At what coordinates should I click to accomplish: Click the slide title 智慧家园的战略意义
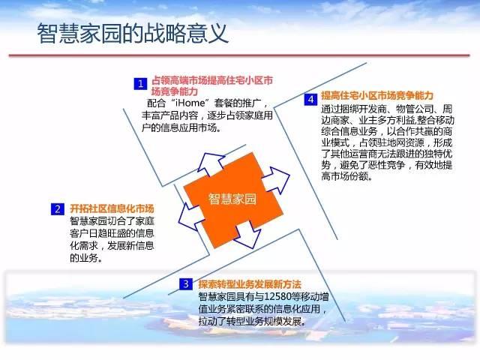[x=133, y=33]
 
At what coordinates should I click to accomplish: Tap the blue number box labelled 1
[x=140, y=83]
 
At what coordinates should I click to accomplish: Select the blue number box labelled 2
[x=58, y=209]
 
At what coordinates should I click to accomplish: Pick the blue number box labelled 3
[x=186, y=283]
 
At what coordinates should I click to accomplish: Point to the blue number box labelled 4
[x=310, y=100]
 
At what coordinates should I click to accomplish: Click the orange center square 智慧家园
[x=233, y=199]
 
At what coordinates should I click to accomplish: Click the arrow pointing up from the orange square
[x=211, y=163]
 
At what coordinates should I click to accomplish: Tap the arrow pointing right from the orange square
[x=276, y=180]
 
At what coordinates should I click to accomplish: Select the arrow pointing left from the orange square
[x=191, y=216]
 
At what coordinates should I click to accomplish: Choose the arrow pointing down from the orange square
[x=248, y=235]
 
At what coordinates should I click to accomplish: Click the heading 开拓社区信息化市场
[x=112, y=208]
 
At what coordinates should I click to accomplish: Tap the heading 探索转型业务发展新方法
[x=250, y=284]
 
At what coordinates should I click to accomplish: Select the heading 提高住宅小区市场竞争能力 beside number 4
[x=377, y=95]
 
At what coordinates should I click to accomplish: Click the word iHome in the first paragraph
[x=190, y=103]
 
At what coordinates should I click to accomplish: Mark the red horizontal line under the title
[x=239, y=55]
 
